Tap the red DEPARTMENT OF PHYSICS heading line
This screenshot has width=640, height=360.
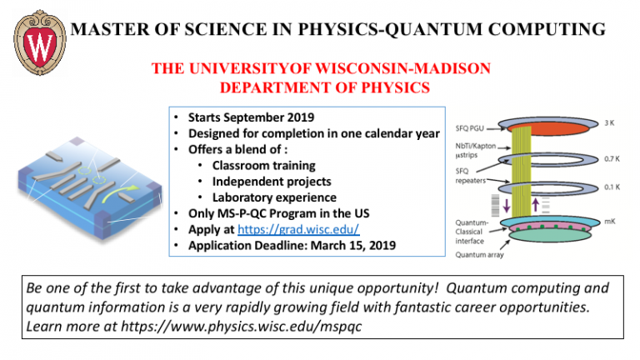pyautogui.click(x=320, y=87)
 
